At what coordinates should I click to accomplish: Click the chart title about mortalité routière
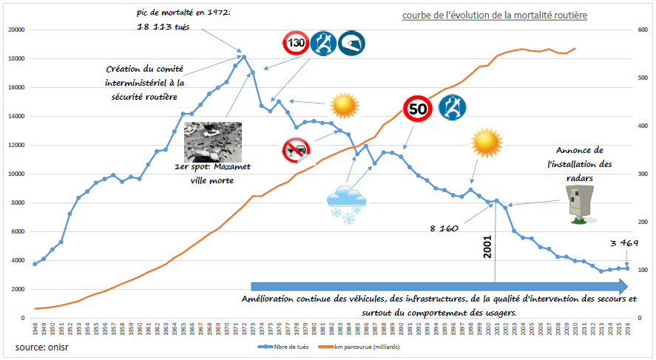495,16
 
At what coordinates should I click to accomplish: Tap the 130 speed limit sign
296,44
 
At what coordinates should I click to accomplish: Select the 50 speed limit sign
419,109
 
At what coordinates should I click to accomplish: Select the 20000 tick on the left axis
16,30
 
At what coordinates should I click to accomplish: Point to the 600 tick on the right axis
641,30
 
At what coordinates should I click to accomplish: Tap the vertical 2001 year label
487,251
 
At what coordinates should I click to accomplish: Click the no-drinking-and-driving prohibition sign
297,150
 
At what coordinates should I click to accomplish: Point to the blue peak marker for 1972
244,57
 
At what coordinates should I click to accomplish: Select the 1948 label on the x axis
35,328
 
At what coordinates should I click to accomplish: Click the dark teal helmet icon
351,44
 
